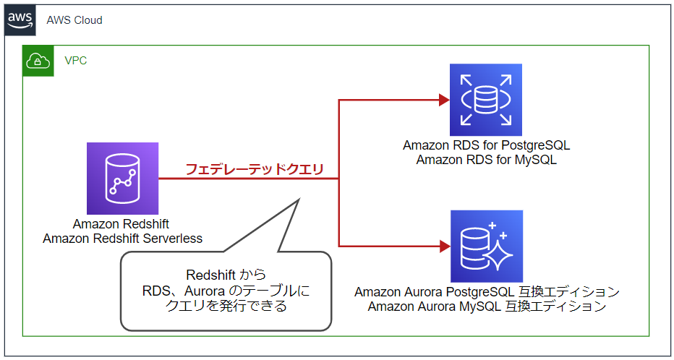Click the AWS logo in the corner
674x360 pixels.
point(20,20)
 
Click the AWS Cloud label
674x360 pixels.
point(74,20)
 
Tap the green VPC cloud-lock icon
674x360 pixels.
point(37,61)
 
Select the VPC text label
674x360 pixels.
point(76,61)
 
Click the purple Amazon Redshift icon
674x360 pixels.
point(122,178)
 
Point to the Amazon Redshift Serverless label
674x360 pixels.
point(122,239)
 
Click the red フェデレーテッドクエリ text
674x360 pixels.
point(254,170)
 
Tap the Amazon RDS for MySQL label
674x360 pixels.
point(486,160)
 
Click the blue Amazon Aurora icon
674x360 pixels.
point(486,247)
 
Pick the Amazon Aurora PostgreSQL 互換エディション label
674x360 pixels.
point(487,292)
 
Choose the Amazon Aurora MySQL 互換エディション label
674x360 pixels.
point(487,307)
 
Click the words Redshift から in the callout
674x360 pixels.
point(226,275)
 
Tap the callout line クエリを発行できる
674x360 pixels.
point(226,306)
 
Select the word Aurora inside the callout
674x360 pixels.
point(208,291)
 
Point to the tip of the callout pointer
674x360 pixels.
point(299,199)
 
